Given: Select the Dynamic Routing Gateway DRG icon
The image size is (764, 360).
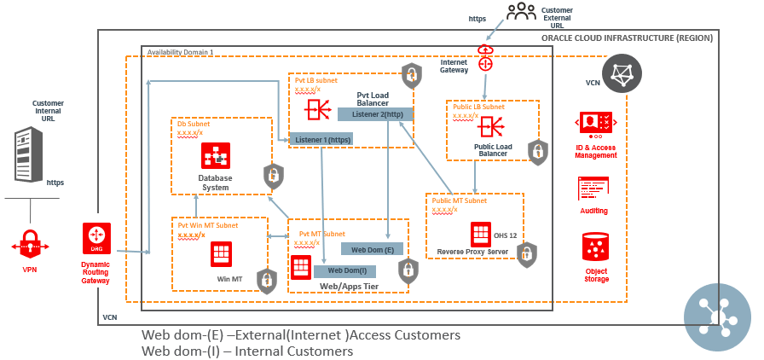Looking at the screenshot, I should point(96,237).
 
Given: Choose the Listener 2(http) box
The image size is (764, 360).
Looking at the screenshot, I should point(376,113).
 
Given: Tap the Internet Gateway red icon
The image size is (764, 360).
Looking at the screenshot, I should point(486,59).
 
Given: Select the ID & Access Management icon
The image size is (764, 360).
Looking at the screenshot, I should point(596,125).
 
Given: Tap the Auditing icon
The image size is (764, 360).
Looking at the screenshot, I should point(595,189).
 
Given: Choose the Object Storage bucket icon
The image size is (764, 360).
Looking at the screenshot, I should point(595,247).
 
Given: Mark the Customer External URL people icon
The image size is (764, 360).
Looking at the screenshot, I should point(521,12).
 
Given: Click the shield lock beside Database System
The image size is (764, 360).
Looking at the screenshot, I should point(273,177).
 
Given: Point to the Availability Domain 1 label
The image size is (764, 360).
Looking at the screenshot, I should point(180,52).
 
